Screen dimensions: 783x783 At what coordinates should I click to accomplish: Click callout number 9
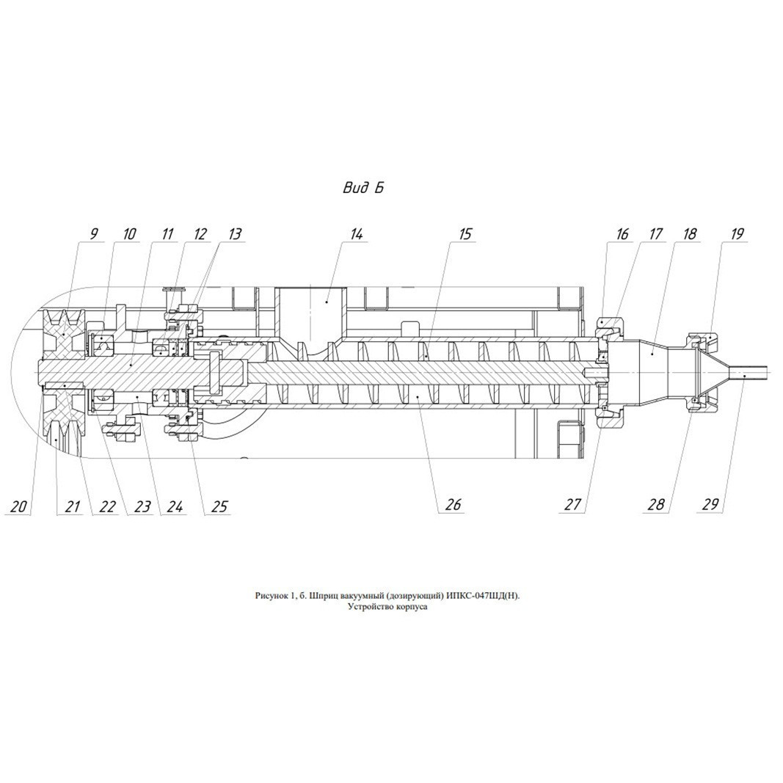point(94,233)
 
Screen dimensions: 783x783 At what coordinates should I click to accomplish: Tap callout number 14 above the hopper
point(357,233)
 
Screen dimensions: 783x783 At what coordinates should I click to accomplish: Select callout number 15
point(465,233)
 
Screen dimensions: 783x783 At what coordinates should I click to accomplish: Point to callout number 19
point(736,233)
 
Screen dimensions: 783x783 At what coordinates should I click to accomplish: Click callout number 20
point(18,506)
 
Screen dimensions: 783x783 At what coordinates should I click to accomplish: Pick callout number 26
point(453,504)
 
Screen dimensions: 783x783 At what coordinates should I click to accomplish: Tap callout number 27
point(572,504)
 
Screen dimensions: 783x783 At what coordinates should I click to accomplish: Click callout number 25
point(219,506)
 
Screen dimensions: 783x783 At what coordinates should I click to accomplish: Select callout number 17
point(655,233)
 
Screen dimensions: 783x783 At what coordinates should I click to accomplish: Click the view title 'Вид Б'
point(363,188)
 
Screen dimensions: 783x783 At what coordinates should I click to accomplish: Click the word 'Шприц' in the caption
point(323,595)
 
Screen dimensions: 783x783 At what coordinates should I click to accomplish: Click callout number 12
point(200,233)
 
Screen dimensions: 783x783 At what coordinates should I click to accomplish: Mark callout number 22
point(107,506)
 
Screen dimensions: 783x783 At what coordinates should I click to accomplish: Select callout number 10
point(129,233)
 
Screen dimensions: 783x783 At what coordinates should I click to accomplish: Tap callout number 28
point(656,504)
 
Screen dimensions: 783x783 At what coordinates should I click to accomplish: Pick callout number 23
point(142,506)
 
